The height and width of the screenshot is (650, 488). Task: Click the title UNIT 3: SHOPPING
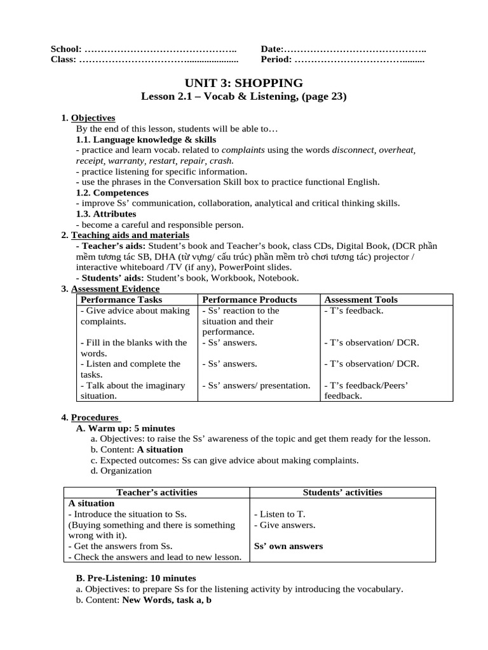[x=243, y=83]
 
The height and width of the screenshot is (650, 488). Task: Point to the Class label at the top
[x=63, y=60]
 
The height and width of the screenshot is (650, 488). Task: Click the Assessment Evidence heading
[x=115, y=289]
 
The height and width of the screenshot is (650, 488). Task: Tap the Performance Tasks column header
[x=121, y=300]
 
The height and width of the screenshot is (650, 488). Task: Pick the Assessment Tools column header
[x=361, y=300]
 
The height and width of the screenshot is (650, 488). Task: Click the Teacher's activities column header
[x=156, y=492]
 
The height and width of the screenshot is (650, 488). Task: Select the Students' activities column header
[x=342, y=492]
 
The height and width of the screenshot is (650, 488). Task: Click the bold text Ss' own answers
[x=288, y=546]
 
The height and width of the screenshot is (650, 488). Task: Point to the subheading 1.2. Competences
[x=112, y=192]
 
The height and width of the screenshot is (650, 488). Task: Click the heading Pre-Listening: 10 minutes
[x=136, y=578]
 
